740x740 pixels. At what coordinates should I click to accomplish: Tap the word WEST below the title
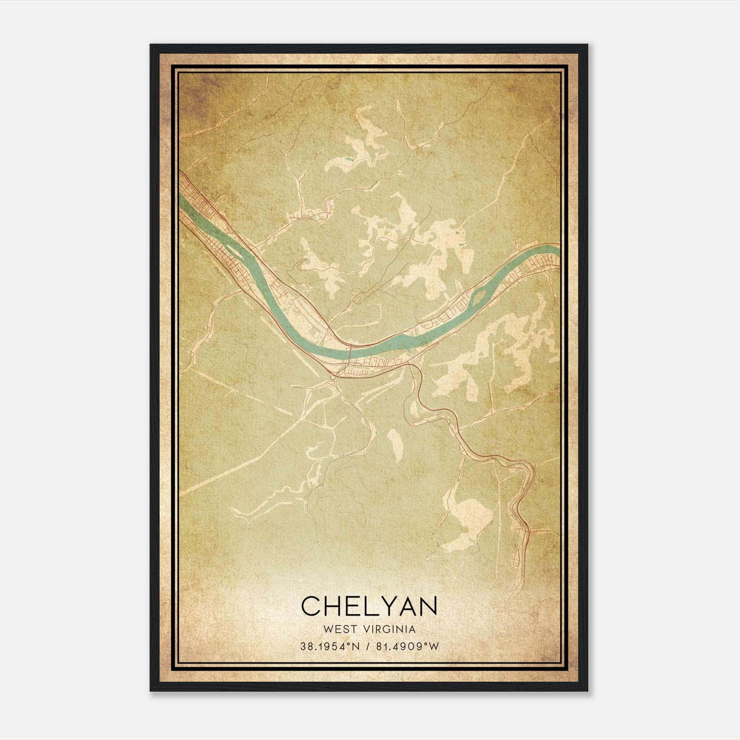(340, 629)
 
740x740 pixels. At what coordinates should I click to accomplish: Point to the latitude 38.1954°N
(330, 647)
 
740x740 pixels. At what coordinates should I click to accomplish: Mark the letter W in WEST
(328, 629)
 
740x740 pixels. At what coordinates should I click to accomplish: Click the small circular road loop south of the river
(333, 378)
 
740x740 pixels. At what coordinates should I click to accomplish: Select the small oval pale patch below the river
(395, 444)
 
